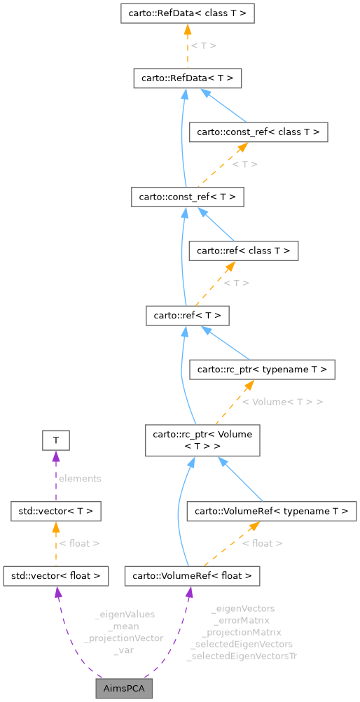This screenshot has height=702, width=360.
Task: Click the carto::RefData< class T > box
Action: coord(187,13)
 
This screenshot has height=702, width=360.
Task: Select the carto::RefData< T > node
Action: coord(187,78)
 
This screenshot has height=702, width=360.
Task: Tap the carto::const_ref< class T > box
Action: coord(259,132)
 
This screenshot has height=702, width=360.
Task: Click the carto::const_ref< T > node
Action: coord(187,197)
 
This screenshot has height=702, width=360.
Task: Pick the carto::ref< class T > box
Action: coord(244,251)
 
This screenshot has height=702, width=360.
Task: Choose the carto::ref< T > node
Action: coord(187,316)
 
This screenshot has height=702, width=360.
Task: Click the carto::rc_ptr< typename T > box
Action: coord(263,369)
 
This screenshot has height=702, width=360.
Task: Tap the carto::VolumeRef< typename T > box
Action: coord(272,511)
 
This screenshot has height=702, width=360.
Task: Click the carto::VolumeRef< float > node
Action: coord(193,576)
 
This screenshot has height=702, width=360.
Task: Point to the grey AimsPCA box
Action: coord(124,689)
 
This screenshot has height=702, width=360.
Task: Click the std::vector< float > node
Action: coord(56,576)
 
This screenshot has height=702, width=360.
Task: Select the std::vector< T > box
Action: coord(56,511)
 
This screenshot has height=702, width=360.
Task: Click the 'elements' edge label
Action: coord(80,479)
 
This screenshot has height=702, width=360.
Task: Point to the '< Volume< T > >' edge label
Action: coord(282,402)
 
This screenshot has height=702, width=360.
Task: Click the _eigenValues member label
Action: coord(124,614)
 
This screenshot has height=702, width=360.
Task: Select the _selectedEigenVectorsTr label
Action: coord(242,656)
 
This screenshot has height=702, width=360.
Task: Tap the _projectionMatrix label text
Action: coord(242,632)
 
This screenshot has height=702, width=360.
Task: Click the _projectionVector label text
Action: coord(123,638)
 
